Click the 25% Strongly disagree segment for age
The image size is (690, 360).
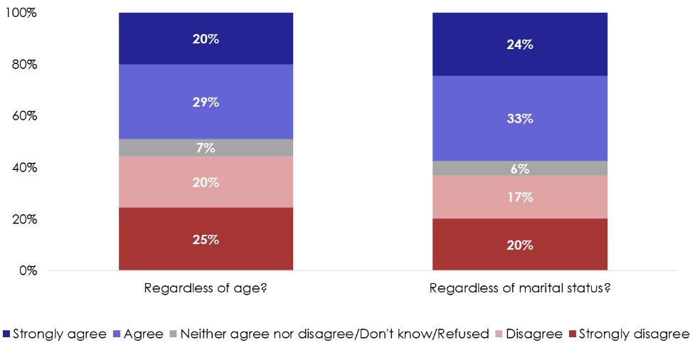(x=206, y=239)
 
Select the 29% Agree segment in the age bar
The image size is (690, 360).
(x=206, y=102)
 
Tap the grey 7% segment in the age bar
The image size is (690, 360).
(x=206, y=148)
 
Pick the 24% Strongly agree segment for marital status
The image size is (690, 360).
(x=520, y=44)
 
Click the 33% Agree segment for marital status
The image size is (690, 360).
(x=520, y=118)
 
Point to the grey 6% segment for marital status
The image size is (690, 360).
(x=520, y=169)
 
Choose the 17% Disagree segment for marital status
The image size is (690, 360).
(x=520, y=197)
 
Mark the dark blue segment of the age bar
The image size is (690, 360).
(x=206, y=38)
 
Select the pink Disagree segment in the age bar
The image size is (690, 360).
(x=206, y=182)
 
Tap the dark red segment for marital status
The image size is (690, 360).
(x=520, y=245)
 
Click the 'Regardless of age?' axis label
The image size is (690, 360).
(x=206, y=289)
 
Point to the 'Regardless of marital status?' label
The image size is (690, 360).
(x=520, y=289)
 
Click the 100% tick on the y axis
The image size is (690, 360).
(x=23, y=14)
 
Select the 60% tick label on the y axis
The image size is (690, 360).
(x=25, y=116)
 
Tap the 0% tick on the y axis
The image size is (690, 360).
(x=29, y=271)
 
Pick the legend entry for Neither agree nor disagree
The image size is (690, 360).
(x=334, y=334)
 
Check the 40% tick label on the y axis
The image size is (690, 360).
(x=25, y=168)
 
